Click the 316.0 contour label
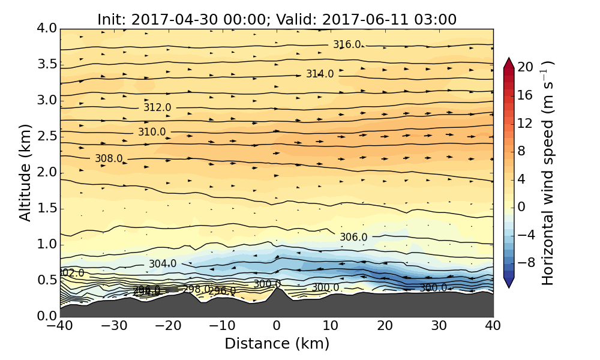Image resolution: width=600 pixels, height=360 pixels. click(x=347, y=45)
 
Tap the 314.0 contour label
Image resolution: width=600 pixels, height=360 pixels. click(x=320, y=74)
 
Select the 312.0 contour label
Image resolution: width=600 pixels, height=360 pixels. click(x=157, y=107)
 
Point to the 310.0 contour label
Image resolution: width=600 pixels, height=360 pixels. click(x=152, y=132)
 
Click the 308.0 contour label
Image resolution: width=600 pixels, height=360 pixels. click(x=109, y=158)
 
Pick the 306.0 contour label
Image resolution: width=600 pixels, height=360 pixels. click(x=353, y=237)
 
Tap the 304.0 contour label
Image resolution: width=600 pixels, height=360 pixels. click(x=163, y=264)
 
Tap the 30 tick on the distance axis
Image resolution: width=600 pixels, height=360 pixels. click(x=439, y=327)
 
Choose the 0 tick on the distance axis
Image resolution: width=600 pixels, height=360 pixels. click(x=277, y=327)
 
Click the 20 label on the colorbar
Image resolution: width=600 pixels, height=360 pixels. click(x=526, y=67)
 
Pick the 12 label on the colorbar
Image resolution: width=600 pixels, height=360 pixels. click(x=526, y=123)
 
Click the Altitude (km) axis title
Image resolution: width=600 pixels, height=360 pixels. click(x=25, y=172)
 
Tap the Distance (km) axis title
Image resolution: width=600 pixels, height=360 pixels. click(x=277, y=344)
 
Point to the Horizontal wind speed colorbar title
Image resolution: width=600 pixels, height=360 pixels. click(x=548, y=173)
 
